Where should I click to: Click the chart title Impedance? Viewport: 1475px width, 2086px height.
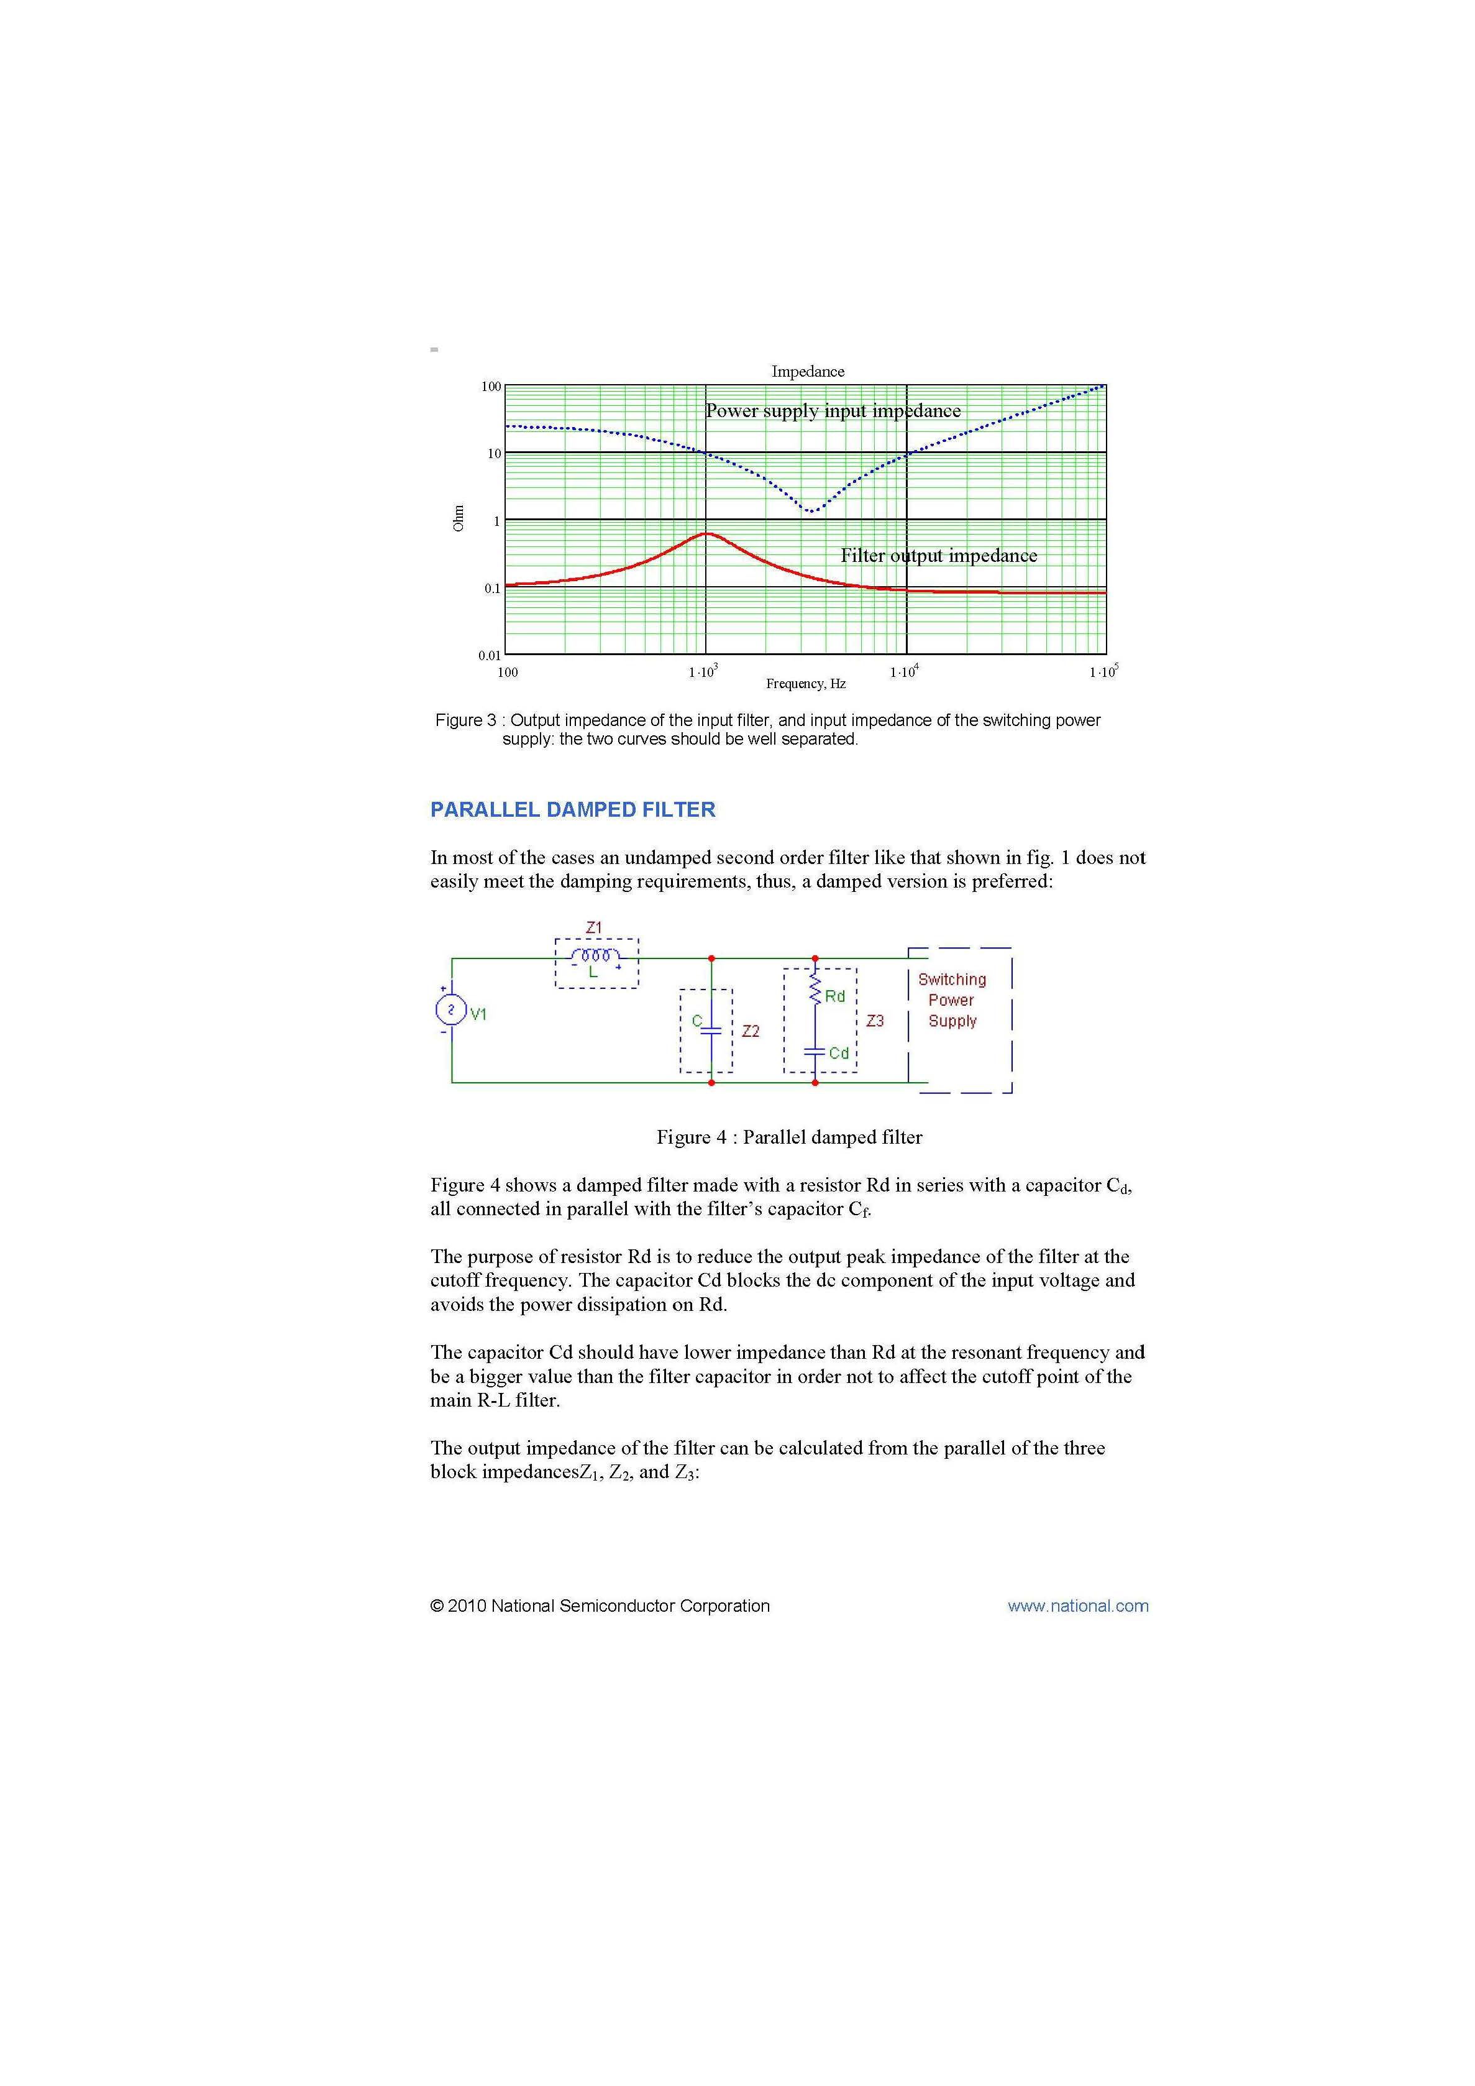click(808, 372)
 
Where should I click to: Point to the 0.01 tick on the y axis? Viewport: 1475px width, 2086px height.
click(490, 655)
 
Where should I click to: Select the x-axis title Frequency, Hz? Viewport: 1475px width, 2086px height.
click(806, 683)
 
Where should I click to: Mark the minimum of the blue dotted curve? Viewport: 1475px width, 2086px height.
click(811, 510)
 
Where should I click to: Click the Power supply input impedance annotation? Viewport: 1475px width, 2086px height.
click(833, 411)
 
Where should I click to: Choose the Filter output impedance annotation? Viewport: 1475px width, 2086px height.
click(938, 555)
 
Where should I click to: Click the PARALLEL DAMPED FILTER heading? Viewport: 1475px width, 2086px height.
click(572, 809)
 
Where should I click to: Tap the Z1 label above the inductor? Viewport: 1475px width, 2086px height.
click(594, 927)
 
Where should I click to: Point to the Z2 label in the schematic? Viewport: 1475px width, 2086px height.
click(750, 1031)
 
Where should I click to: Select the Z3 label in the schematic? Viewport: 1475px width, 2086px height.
click(875, 1021)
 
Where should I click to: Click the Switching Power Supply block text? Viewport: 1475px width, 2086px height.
click(952, 1000)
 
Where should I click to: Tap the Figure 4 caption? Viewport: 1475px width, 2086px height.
click(788, 1137)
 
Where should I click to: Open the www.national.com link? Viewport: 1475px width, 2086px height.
click(1077, 1606)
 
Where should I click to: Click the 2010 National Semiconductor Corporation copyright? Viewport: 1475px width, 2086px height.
click(600, 1606)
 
